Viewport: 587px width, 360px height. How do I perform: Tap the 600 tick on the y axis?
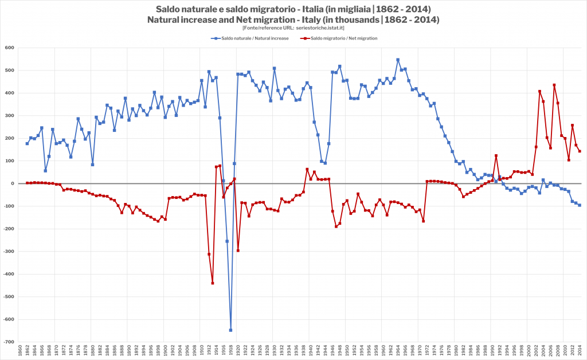pos(10,48)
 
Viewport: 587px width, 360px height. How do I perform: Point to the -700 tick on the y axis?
pos(9,342)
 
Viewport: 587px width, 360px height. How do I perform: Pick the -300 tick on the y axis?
pos(9,251)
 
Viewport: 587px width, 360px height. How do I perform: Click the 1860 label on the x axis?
pos(19,351)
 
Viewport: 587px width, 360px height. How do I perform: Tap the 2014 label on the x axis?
pos(580,351)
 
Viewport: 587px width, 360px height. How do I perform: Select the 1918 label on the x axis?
pos(230,351)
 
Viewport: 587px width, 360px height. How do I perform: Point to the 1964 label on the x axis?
pos(398,351)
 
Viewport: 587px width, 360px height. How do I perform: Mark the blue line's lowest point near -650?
pos(230,330)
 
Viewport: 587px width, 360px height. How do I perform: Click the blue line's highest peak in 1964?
pos(398,60)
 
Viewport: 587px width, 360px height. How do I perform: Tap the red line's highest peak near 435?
pos(554,85)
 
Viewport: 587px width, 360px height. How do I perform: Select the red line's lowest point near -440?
pos(212,283)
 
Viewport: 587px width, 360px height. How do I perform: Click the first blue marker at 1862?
pos(27,143)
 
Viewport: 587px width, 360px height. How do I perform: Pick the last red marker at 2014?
pos(580,151)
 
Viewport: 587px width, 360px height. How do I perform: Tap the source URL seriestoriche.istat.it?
pos(319,28)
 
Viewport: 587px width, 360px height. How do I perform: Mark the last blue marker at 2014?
pos(580,205)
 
